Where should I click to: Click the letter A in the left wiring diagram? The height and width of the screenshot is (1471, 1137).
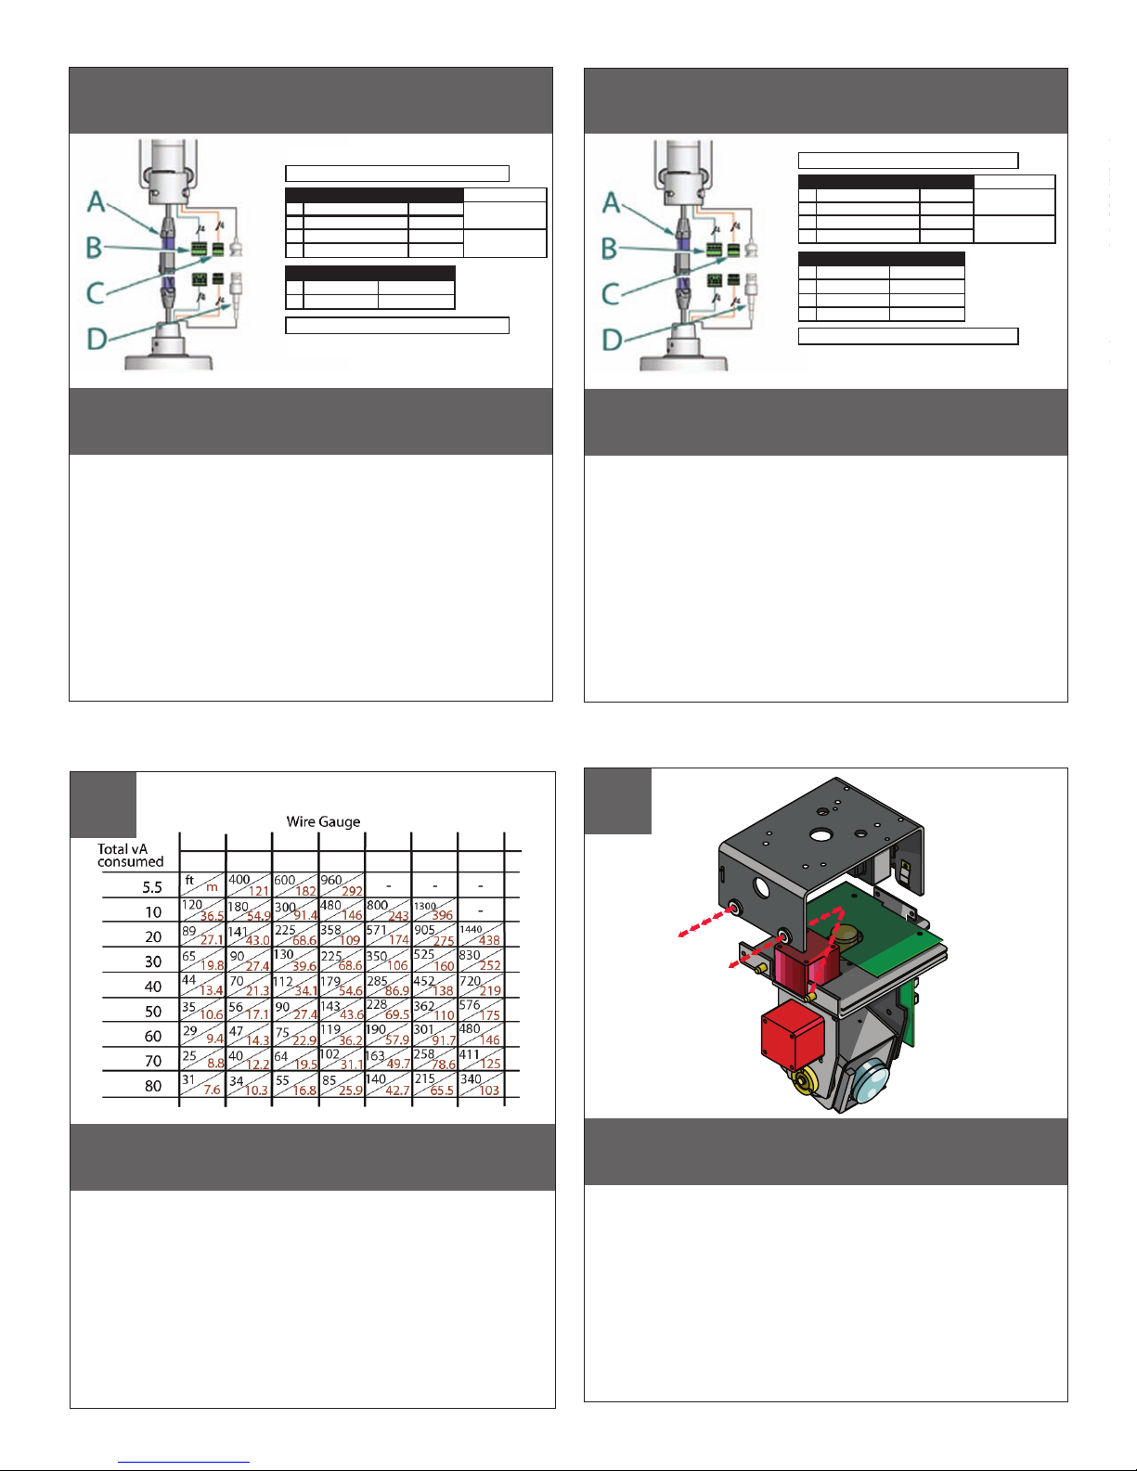pyautogui.click(x=97, y=201)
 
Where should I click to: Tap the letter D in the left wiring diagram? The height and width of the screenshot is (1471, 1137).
pyautogui.click(x=97, y=339)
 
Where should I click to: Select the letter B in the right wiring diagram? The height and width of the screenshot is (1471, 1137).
pyautogui.click(x=609, y=249)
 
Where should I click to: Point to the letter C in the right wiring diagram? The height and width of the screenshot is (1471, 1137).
pyautogui.click(x=611, y=294)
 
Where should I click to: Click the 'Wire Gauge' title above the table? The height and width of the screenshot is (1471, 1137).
pyautogui.click(x=323, y=821)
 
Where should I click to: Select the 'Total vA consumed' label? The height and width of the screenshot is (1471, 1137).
pyautogui.click(x=130, y=855)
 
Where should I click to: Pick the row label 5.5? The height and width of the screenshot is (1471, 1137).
pyautogui.click(x=152, y=887)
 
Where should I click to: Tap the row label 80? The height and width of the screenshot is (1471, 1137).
pyautogui.click(x=153, y=1086)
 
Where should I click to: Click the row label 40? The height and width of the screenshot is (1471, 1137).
pyautogui.click(x=153, y=987)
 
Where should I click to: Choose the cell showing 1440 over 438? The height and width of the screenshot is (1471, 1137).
pyautogui.click(x=481, y=935)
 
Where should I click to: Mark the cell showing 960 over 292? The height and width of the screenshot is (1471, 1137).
pyautogui.click(x=342, y=884)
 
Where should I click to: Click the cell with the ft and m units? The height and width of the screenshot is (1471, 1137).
pyautogui.click(x=202, y=884)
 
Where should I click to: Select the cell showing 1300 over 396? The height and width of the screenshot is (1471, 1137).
pyautogui.click(x=433, y=910)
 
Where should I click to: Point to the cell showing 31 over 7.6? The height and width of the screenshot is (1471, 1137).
pyautogui.click(x=202, y=1084)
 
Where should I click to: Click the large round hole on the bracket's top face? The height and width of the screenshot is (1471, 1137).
pyautogui.click(x=820, y=835)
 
